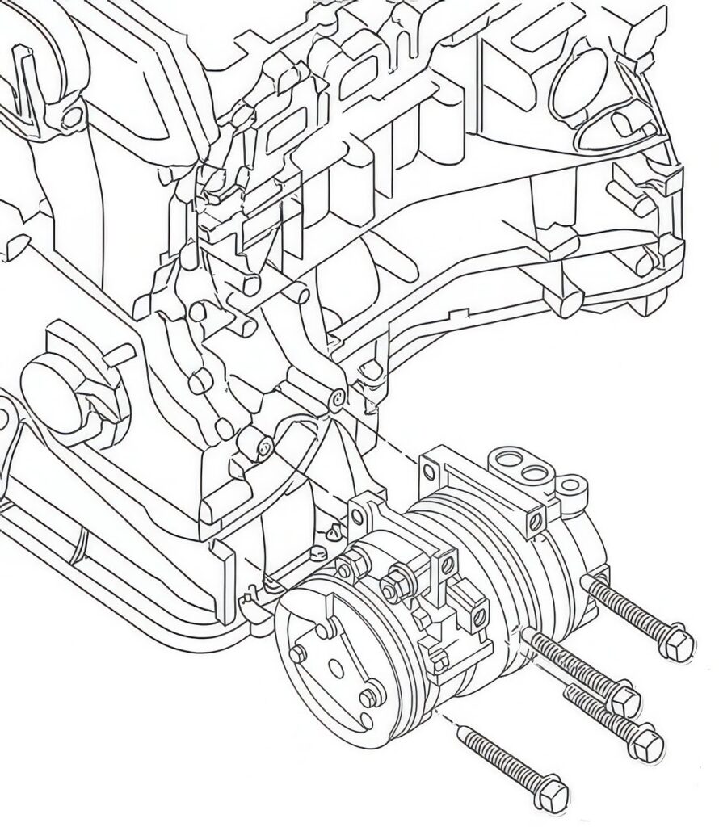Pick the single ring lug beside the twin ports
pos(573,487)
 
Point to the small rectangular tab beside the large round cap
pos(119,354)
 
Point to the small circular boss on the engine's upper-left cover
pos(73,115)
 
